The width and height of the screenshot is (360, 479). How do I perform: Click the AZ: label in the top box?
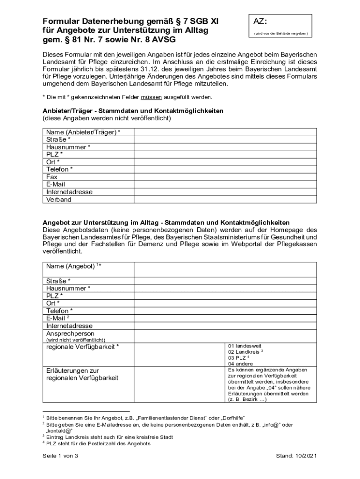point(260,22)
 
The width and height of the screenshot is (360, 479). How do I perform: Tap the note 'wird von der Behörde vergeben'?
point(281,34)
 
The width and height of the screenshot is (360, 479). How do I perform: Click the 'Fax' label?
point(52,177)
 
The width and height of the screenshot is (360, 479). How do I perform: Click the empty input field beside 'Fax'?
point(225,177)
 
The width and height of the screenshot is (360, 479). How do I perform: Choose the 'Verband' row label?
point(59,200)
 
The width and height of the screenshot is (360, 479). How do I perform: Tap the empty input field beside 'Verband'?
point(225,200)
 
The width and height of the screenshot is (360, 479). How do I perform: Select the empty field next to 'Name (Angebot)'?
point(225,269)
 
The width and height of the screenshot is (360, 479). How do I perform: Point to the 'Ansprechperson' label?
point(70,334)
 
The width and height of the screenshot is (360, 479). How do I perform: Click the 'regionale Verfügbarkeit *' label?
point(82,347)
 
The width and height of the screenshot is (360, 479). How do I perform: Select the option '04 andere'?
point(240,364)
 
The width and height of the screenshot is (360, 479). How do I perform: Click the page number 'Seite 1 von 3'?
point(60,456)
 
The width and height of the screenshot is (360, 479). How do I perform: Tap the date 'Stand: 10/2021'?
point(296,456)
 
